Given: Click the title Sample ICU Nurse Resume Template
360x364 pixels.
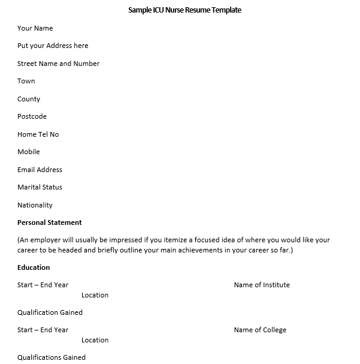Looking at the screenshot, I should (184, 10).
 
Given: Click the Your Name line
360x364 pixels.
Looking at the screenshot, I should (35, 28).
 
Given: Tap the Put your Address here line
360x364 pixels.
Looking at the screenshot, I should (53, 46).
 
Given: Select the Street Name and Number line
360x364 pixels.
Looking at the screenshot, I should (58, 64).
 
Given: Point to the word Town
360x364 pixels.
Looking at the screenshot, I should (26, 81).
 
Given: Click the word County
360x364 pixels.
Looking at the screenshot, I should (29, 99).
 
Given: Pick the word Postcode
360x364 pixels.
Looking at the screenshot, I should (32, 116).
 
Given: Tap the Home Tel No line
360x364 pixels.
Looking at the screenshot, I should (38, 134).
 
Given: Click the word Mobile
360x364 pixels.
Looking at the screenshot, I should (29, 152).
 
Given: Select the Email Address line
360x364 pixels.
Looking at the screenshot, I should (40, 170).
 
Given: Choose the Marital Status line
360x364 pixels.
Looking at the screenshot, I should (40, 187).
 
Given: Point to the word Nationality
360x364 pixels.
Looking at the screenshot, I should (35, 205).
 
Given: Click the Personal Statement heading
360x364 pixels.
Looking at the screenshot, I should (49, 222).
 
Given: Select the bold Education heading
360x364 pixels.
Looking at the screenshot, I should (34, 267).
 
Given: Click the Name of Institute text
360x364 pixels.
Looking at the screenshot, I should (262, 285).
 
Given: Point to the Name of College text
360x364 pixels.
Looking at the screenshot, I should (260, 330).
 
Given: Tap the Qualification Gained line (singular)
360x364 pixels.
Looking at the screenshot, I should (50, 312).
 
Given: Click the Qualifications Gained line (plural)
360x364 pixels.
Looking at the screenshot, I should (52, 357).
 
